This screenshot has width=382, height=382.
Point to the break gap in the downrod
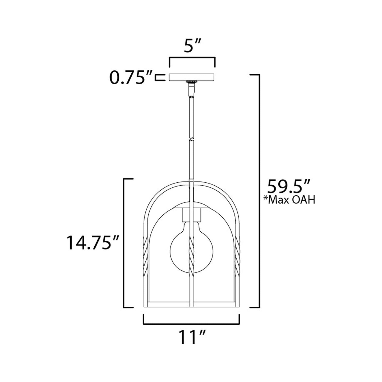191,139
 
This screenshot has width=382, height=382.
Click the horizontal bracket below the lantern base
191,322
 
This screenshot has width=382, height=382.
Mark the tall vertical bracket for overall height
259,190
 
